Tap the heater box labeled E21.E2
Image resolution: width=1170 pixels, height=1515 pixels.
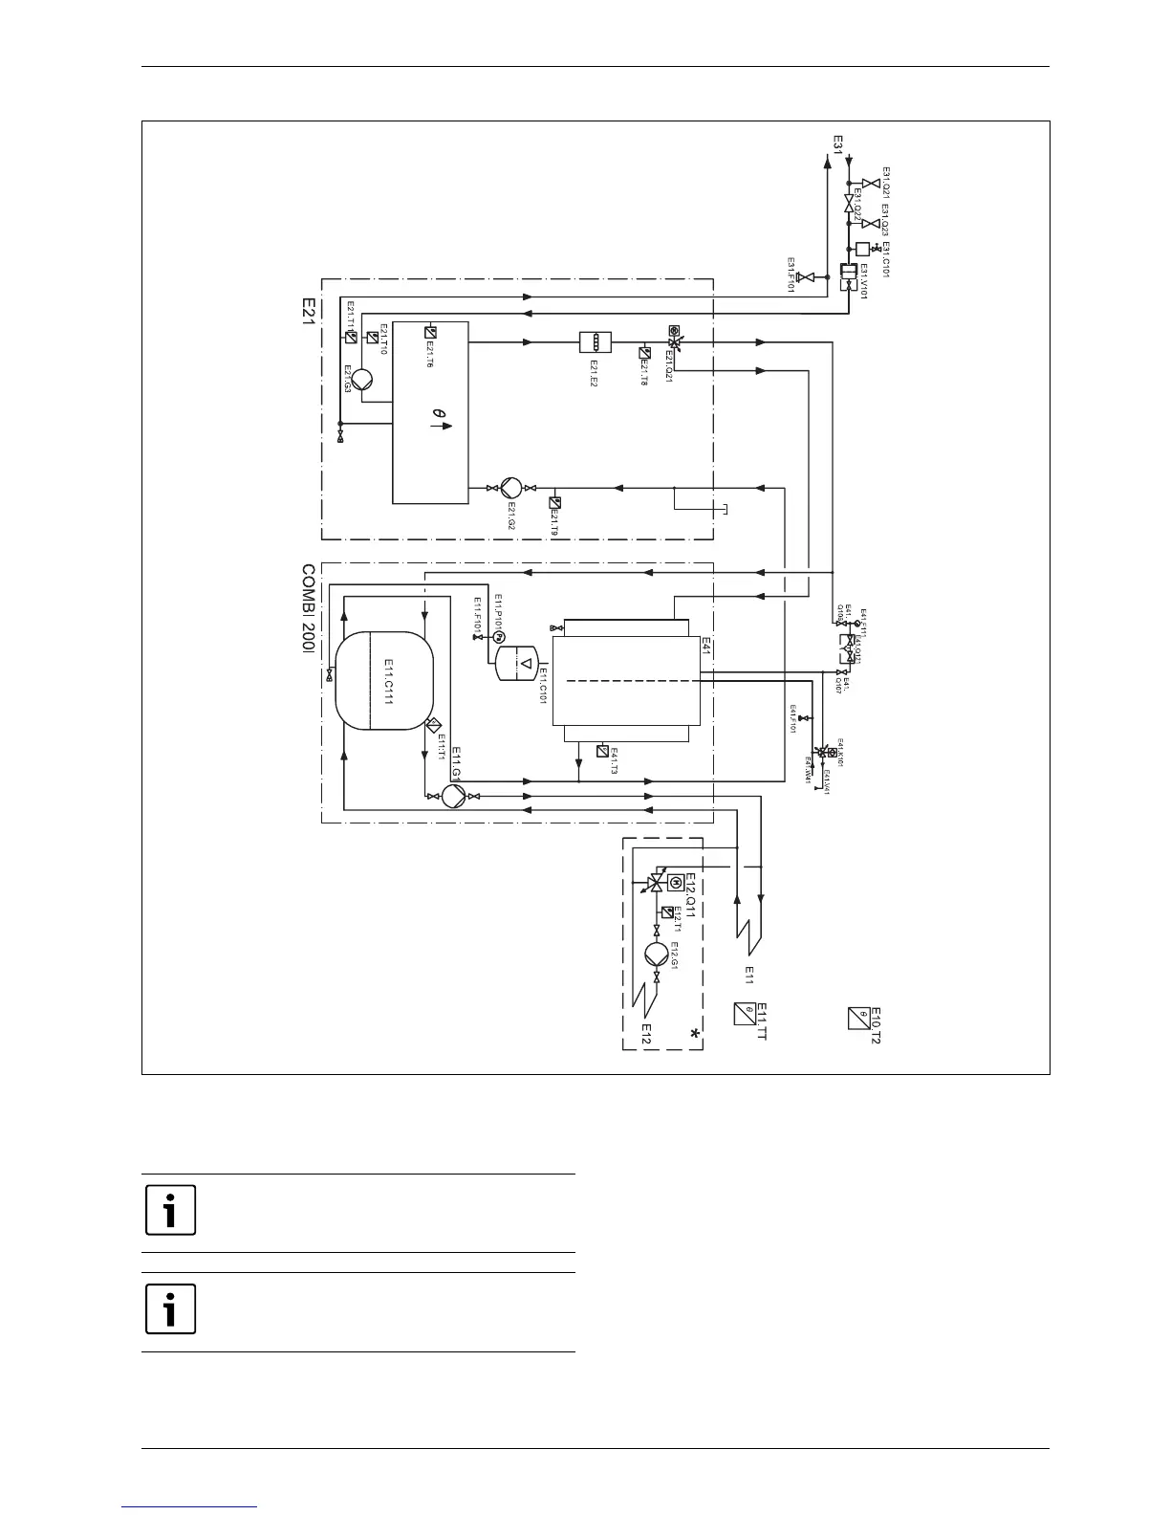click(595, 341)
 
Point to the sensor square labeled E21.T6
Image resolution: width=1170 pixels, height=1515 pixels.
click(429, 333)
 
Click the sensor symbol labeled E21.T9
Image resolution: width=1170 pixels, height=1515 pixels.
click(555, 502)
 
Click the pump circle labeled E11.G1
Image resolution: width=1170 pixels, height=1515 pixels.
click(453, 795)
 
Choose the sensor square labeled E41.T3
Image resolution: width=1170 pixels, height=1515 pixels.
click(601, 750)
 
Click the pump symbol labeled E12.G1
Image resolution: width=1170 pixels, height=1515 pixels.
click(657, 954)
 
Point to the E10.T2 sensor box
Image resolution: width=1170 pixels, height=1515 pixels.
click(857, 1018)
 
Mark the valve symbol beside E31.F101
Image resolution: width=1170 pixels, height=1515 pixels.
click(805, 277)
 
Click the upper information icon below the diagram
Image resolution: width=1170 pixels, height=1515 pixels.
click(171, 1211)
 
